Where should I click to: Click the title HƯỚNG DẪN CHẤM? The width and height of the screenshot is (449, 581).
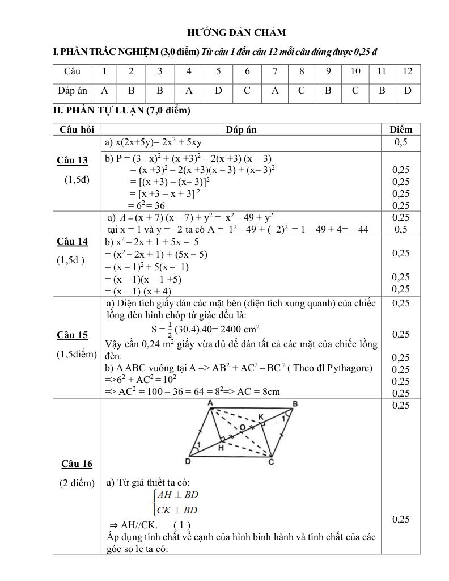(x=236, y=32)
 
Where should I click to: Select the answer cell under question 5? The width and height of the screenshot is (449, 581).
(x=218, y=90)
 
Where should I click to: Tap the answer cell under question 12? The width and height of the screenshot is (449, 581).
(x=408, y=90)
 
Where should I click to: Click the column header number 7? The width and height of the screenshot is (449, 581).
(x=275, y=71)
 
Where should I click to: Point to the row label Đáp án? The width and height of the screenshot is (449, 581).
(x=73, y=90)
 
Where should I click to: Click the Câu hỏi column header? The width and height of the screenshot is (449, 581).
(x=77, y=129)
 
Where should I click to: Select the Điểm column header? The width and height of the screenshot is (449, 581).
(x=401, y=129)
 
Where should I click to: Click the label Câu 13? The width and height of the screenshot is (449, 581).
(x=73, y=161)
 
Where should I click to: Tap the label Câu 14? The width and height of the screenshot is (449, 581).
(x=73, y=242)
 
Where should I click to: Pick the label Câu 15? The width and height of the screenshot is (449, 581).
(x=73, y=335)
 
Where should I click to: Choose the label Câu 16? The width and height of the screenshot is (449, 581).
(x=77, y=464)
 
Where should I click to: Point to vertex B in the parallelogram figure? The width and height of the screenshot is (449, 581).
(x=295, y=404)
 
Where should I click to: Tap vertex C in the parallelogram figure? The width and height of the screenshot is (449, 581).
(x=271, y=461)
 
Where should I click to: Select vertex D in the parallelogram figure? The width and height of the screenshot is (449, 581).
(x=188, y=461)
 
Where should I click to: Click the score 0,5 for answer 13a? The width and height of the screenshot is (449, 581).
(x=401, y=142)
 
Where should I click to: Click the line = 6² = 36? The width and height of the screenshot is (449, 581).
(x=146, y=205)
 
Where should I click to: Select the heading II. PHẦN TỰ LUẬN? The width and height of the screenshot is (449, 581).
(x=121, y=111)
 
